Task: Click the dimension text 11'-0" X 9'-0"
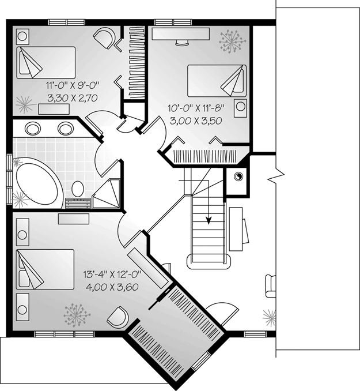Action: pyautogui.click(x=73, y=85)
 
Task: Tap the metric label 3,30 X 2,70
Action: pyautogui.click(x=73, y=98)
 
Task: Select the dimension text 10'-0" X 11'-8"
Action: pyautogui.click(x=196, y=108)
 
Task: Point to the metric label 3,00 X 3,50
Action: pyautogui.click(x=196, y=121)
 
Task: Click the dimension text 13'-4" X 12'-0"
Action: pyautogui.click(x=112, y=275)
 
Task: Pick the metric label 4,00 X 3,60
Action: pyautogui.click(x=112, y=287)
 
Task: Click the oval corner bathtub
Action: pyautogui.click(x=39, y=183)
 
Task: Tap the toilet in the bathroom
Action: pyautogui.click(x=78, y=189)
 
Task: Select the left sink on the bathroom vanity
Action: pyautogui.click(x=33, y=129)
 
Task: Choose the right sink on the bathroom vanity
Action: pyautogui.click(x=66, y=129)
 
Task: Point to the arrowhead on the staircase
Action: pyautogui.click(x=209, y=220)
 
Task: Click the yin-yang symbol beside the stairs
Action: pyautogui.click(x=238, y=176)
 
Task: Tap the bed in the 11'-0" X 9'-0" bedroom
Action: pyautogui.click(x=46, y=62)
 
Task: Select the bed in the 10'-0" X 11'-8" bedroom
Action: pyautogui.click(x=217, y=81)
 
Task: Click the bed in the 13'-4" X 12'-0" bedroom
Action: pyautogui.click(x=45, y=269)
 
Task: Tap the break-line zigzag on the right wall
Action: pyautogui.click(x=276, y=176)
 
